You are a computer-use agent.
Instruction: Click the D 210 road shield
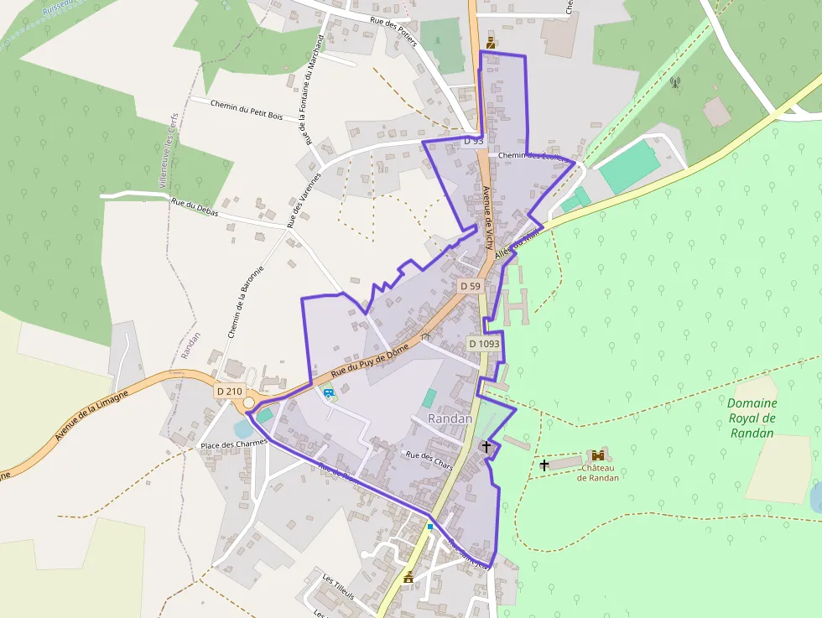click(x=229, y=391)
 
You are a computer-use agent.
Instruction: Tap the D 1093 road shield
click(x=484, y=343)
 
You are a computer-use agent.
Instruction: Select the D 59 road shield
click(x=470, y=286)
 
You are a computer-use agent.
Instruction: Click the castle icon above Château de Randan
click(x=597, y=455)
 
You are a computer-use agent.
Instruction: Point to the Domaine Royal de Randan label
click(x=752, y=418)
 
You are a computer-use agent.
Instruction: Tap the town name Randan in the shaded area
click(x=450, y=418)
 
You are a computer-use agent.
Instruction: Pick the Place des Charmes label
click(x=233, y=444)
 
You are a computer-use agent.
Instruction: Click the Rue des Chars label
click(x=429, y=460)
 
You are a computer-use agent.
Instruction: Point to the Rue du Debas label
click(x=195, y=207)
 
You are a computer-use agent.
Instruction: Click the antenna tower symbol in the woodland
click(x=674, y=82)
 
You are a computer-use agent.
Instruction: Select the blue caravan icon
click(x=327, y=392)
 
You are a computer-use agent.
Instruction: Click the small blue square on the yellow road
click(x=429, y=527)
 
